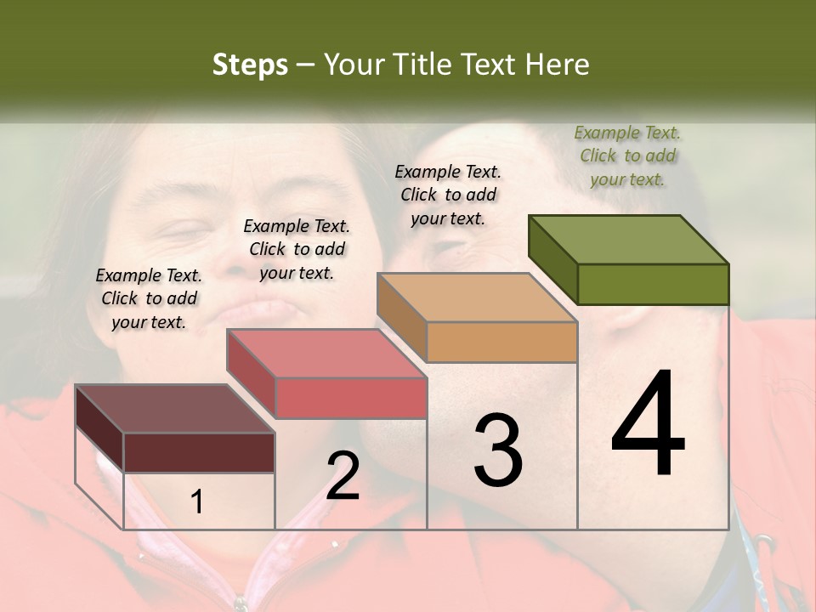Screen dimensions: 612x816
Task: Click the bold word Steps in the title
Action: tap(250, 65)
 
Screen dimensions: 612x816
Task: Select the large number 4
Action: tap(648, 424)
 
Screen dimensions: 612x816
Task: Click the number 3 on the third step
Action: tap(498, 450)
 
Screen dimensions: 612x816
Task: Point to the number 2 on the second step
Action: tap(343, 475)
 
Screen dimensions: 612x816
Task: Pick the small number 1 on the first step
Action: tap(197, 502)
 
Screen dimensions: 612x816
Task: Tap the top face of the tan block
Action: tap(477, 297)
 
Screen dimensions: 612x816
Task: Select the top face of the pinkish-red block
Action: tap(326, 354)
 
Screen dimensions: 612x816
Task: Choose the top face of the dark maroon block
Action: tap(175, 409)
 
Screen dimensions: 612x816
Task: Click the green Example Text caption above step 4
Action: tap(628, 156)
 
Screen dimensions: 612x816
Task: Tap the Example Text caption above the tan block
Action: tap(448, 195)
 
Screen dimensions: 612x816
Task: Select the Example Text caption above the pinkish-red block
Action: tap(297, 249)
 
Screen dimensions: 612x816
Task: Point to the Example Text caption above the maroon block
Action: tap(149, 298)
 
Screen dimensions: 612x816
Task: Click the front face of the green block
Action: tap(653, 284)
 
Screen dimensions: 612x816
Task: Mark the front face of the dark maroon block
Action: tap(199, 452)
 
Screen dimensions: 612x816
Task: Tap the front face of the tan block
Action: tap(501, 342)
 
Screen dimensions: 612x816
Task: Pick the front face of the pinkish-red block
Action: tap(350, 398)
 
